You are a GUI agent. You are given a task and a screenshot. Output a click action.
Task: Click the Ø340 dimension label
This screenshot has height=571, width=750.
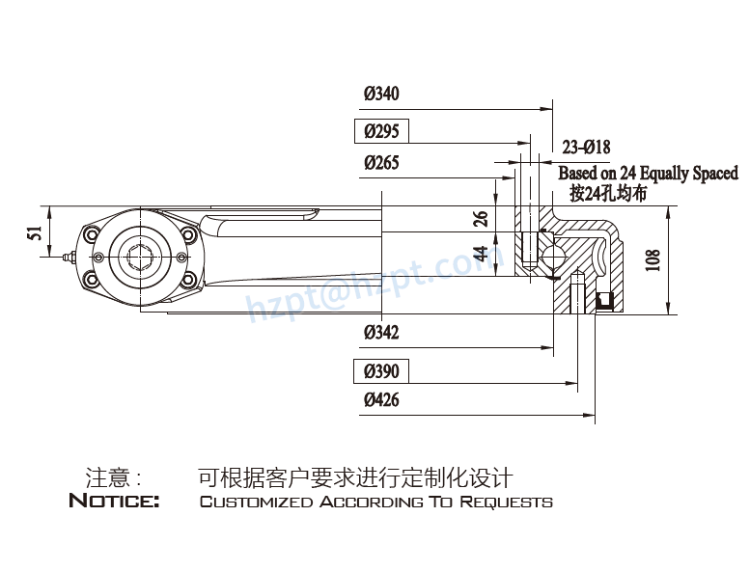click(381, 95)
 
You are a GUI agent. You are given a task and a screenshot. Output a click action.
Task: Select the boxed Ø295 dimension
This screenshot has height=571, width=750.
click(381, 131)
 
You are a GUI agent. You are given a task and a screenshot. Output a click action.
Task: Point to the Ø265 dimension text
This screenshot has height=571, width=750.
click(381, 163)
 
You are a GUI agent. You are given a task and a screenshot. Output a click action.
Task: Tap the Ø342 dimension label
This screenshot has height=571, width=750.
click(381, 333)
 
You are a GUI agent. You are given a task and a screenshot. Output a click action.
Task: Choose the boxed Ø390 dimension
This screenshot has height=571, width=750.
click(381, 371)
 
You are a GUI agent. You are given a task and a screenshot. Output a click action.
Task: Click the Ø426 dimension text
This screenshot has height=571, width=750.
click(381, 400)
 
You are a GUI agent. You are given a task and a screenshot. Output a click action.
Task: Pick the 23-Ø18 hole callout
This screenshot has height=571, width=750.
click(586, 148)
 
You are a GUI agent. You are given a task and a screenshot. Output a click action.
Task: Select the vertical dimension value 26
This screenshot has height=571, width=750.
click(481, 218)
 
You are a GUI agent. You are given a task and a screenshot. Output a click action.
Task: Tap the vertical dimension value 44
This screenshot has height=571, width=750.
click(481, 255)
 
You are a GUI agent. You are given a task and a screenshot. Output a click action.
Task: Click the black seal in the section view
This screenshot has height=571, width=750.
click(606, 301)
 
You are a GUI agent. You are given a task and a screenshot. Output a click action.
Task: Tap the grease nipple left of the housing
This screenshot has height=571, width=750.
click(66, 257)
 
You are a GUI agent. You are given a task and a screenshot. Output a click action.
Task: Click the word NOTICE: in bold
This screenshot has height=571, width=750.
click(114, 502)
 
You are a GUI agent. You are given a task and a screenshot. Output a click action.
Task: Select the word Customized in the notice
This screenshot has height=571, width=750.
click(256, 503)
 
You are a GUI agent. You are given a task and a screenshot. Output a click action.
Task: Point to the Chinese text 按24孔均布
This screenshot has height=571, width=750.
click(608, 194)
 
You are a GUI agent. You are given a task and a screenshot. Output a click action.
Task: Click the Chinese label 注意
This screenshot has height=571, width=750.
click(108, 477)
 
